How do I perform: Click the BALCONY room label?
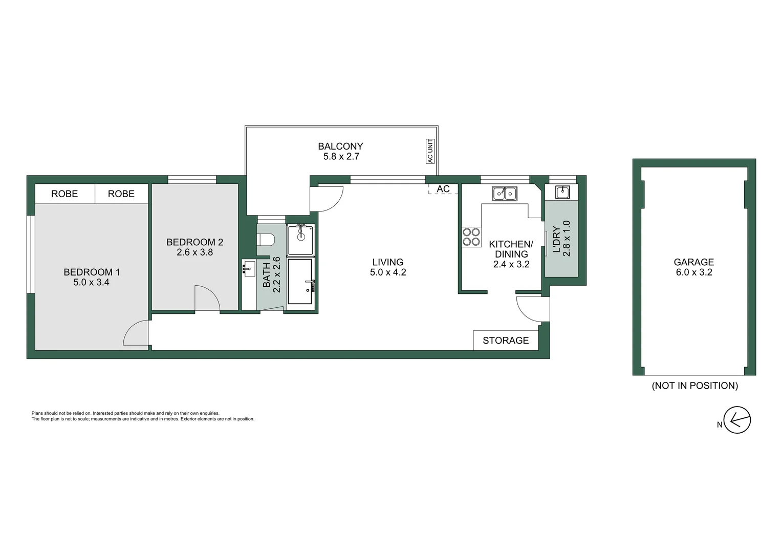click(x=340, y=146)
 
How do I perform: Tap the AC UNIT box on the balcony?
click(x=430, y=151)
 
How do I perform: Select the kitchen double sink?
click(x=505, y=194)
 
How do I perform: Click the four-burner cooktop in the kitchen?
click(x=471, y=237)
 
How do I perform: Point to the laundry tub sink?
click(x=562, y=192)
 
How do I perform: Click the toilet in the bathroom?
click(x=266, y=240)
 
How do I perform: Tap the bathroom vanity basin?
click(x=249, y=268)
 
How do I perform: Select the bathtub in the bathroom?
click(x=300, y=281)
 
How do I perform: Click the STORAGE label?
click(x=506, y=341)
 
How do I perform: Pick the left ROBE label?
click(x=64, y=194)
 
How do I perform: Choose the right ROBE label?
click(x=121, y=194)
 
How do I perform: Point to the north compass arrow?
click(x=737, y=420)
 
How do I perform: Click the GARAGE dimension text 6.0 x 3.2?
click(x=694, y=272)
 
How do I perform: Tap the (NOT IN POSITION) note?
click(x=694, y=386)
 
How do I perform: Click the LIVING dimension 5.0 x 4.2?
click(x=388, y=272)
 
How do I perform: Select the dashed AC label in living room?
click(x=443, y=189)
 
